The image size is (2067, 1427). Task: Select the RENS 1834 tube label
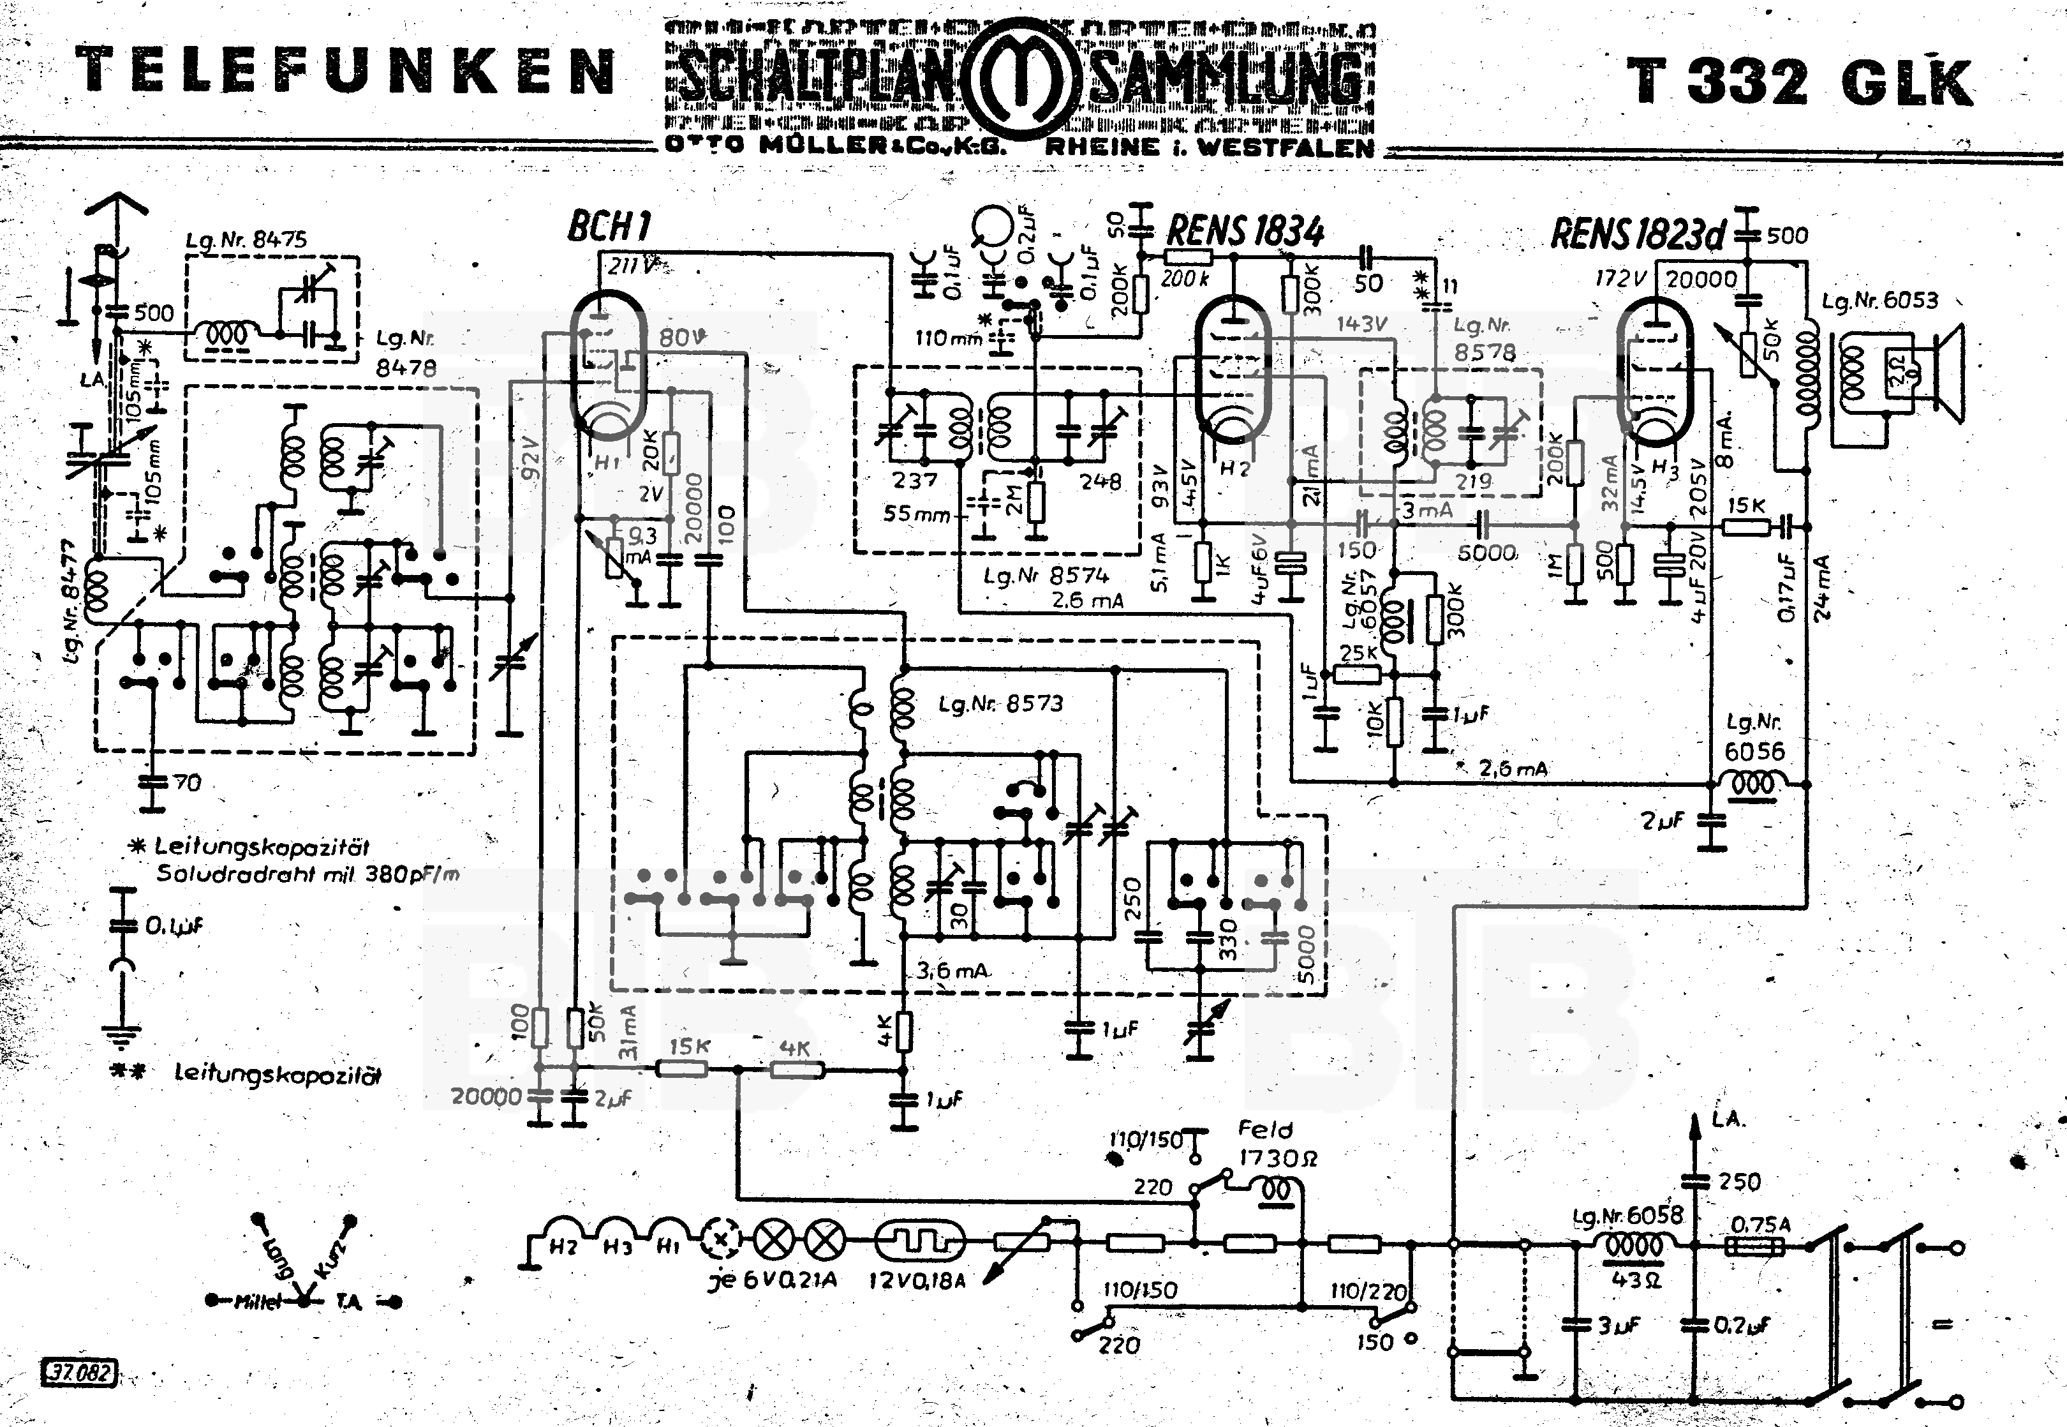(1245, 232)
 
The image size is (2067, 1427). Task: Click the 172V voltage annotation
(1620, 279)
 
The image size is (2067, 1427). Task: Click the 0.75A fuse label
(1760, 1224)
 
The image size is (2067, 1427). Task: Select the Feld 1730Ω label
(1276, 1144)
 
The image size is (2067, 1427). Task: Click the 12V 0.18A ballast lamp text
(917, 1280)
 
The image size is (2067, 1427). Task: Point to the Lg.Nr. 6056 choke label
(1752, 738)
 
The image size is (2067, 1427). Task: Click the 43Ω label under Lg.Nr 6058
(1634, 1280)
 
